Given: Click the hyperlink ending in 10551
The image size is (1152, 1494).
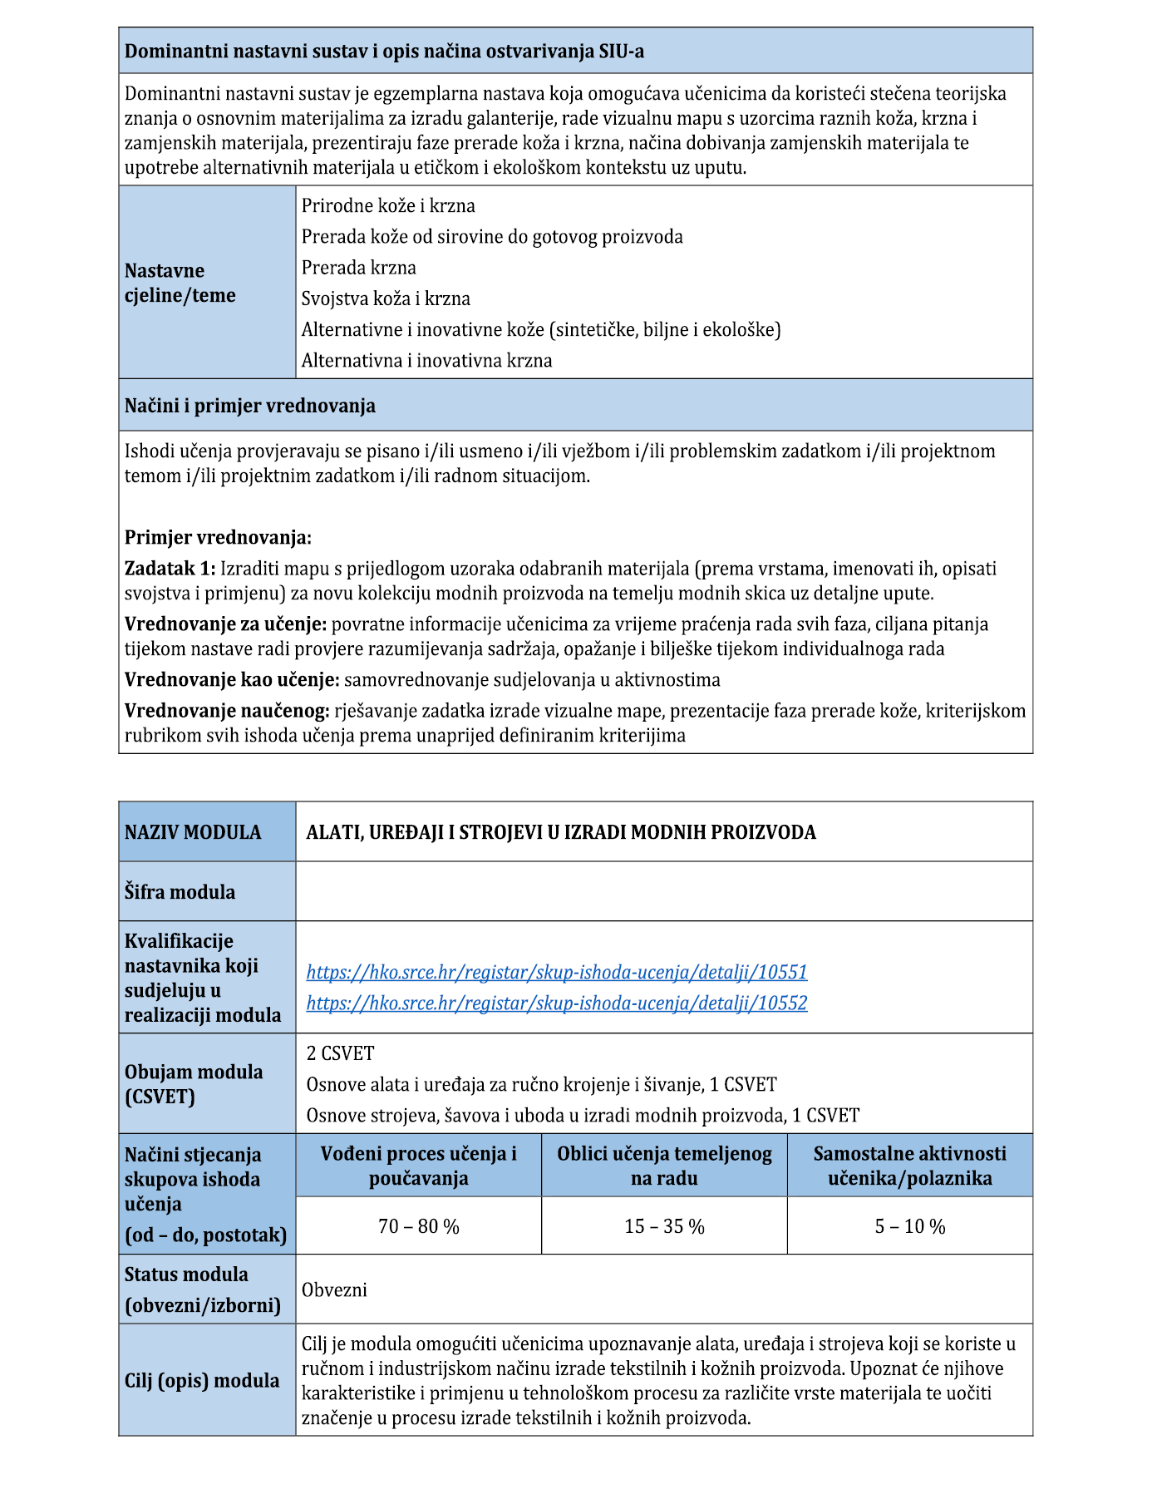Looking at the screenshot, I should (556, 972).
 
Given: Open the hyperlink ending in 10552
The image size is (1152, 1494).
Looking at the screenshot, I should (556, 1003).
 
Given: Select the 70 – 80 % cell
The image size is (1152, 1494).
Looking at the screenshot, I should (418, 1226).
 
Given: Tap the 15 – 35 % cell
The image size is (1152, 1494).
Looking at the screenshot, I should (664, 1226).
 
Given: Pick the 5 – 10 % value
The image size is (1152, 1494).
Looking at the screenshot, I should (909, 1226).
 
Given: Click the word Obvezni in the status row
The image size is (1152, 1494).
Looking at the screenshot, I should (334, 1289).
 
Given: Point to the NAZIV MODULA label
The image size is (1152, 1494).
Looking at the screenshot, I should (193, 832).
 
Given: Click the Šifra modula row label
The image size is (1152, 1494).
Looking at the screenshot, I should (180, 892).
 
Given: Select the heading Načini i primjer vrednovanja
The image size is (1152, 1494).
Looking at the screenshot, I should (249, 406).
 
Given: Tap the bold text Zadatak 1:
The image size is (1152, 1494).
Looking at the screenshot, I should (170, 569).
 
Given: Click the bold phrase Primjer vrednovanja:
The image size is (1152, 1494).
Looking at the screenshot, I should (218, 537).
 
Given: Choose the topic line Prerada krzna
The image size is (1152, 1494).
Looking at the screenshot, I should (358, 268).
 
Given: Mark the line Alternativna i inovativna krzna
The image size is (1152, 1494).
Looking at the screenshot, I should (426, 361).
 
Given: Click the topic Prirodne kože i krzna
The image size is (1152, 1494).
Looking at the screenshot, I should (388, 205).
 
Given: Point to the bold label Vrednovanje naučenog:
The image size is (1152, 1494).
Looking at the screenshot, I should (227, 711).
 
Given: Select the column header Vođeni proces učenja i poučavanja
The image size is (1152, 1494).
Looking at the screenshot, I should (418, 1166).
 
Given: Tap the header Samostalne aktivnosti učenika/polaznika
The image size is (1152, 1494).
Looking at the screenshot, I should (909, 1166).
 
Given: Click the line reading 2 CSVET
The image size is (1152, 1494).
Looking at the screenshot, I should (340, 1053).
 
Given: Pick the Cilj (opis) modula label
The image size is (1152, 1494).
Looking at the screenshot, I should (202, 1380).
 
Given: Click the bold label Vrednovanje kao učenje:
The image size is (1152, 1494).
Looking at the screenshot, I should (232, 680).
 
